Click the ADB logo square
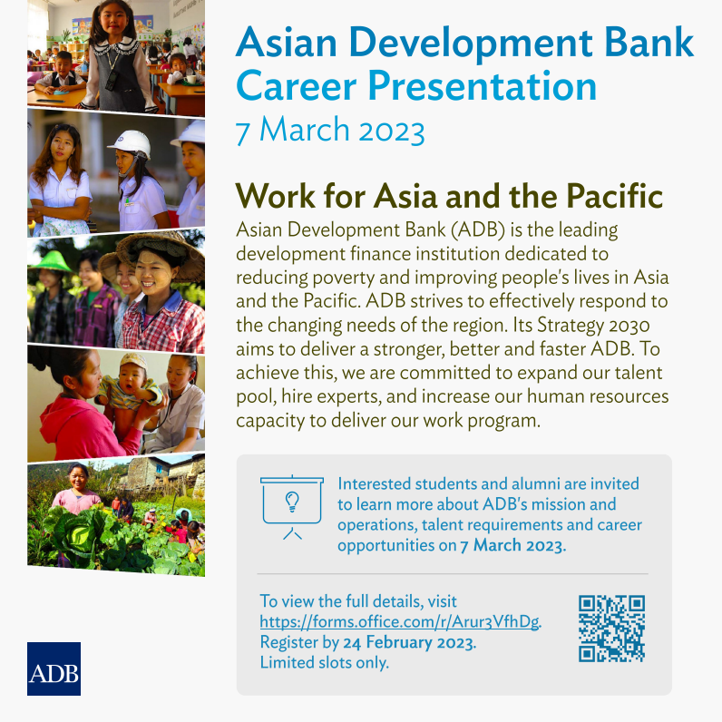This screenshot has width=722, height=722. pos(54,668)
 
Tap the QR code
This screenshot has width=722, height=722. pos(611,629)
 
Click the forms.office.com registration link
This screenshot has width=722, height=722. pos(399,621)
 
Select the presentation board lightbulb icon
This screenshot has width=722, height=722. pos(292,507)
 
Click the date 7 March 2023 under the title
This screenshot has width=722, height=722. pos(330,131)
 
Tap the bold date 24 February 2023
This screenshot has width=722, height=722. pos(409,642)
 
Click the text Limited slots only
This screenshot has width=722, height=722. pos(325,662)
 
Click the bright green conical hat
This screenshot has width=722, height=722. pos(51,260)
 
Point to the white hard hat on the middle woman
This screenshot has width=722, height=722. pos(131,142)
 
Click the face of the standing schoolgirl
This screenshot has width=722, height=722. pos(113,19)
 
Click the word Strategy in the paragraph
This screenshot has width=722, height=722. pos(570,326)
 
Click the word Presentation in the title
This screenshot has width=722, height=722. pos(482,86)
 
